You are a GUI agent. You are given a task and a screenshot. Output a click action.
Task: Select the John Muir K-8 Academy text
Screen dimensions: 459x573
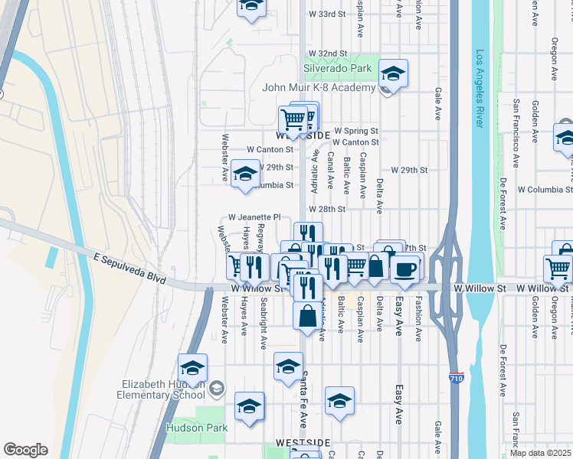[x=317, y=87]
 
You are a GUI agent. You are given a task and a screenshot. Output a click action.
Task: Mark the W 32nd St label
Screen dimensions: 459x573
[x=327, y=54]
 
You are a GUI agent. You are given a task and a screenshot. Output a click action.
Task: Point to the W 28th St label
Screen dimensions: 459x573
[x=328, y=208]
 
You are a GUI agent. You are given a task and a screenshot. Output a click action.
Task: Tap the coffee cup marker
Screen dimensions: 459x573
[x=404, y=268]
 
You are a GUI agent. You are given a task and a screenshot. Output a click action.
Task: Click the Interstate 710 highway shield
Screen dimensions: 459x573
[x=456, y=377]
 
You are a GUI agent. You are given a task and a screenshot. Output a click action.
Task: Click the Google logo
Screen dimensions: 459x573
[x=25, y=449]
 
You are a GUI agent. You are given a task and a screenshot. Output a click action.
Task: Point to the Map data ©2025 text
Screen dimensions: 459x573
[x=541, y=453]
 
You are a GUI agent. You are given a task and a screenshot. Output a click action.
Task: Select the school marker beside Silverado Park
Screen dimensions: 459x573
[x=393, y=73]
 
